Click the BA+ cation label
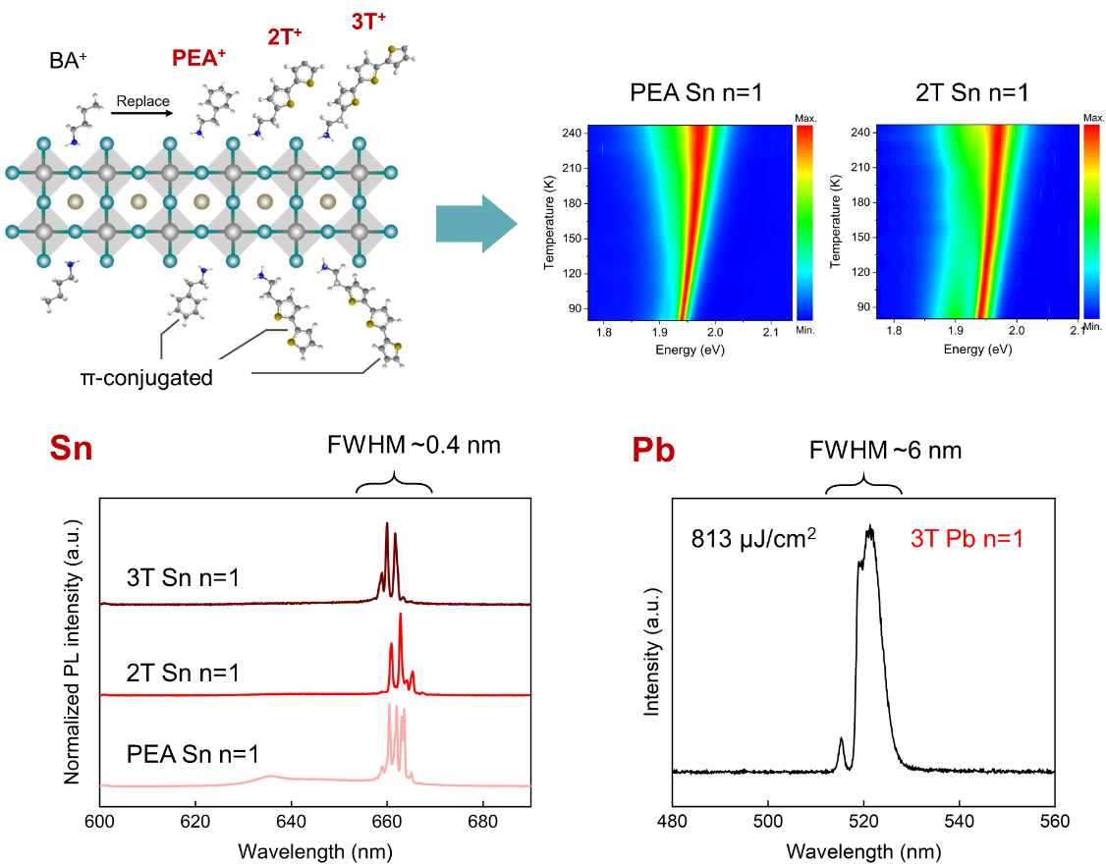pyautogui.click(x=68, y=60)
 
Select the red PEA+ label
pyautogui.click(x=198, y=57)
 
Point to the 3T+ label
pyautogui.click(x=368, y=20)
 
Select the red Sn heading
pyautogui.click(x=72, y=449)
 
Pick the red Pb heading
pyautogui.click(x=653, y=449)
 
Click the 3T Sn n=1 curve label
pyautogui.click(x=184, y=579)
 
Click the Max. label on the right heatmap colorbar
pyautogui.click(x=1094, y=118)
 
